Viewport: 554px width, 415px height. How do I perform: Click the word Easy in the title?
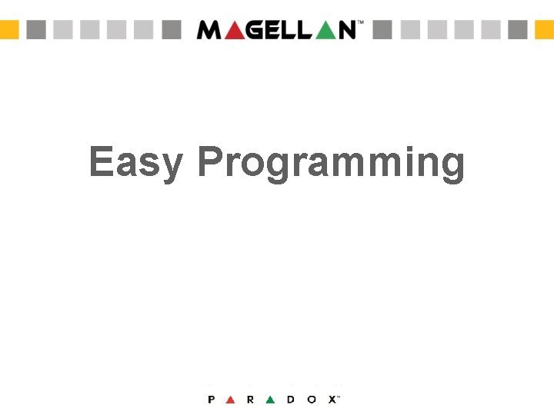point(135,163)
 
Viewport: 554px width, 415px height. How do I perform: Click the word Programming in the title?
point(331,163)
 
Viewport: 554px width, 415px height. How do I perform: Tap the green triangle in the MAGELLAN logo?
point(325,30)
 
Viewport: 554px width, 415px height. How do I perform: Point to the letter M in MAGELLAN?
point(209,30)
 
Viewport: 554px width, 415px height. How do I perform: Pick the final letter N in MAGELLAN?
point(347,30)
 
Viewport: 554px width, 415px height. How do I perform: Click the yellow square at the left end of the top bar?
point(8,30)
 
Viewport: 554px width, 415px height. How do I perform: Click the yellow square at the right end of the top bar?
point(545,30)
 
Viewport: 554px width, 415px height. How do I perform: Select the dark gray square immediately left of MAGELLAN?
point(172,30)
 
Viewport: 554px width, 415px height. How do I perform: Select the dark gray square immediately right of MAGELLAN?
point(382,30)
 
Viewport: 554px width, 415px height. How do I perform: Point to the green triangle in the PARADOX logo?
point(270,400)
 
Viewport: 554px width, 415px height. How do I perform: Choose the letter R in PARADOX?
point(251,400)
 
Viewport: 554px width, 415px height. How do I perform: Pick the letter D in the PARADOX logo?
point(290,400)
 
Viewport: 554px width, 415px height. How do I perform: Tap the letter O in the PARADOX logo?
point(311,400)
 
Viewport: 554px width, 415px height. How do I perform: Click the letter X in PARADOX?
point(332,400)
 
